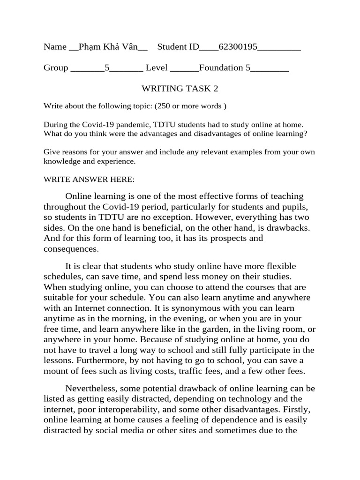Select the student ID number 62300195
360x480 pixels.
pyautogui.click(x=238, y=47)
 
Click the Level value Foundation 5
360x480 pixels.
pyautogui.click(x=225, y=68)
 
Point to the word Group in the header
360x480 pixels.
pyautogui.click(x=56, y=68)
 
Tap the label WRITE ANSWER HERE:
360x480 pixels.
pyautogui.click(x=89, y=180)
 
